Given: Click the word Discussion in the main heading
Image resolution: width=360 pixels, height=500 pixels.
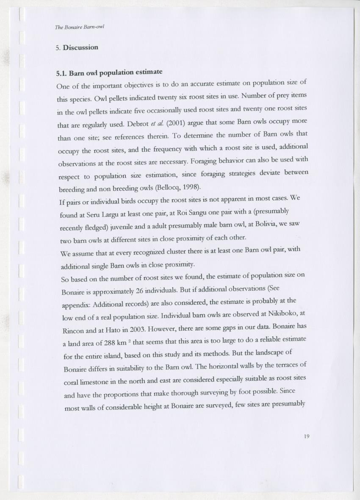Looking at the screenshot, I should (x=80, y=47).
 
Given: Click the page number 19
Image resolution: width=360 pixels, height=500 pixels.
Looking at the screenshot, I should (x=307, y=436).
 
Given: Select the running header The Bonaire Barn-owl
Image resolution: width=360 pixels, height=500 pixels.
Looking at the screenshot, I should (x=80, y=27).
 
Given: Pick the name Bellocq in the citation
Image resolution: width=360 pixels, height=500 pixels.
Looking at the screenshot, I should (x=164, y=187).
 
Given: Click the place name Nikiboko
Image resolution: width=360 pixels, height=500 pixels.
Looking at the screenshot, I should (x=277, y=313).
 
